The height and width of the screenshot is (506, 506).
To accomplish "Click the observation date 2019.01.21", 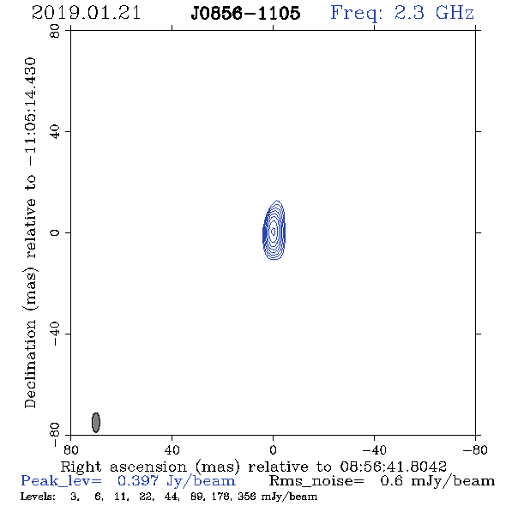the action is pos(86,13).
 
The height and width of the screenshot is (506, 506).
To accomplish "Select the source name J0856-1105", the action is pos(245,14).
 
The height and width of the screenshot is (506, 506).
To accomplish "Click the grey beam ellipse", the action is pos(96,423).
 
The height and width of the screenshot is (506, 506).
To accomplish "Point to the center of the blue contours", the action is pos(274,231).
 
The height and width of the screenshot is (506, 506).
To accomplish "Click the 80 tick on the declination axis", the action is pos(55,31).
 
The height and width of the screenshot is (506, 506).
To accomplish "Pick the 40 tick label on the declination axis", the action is pos(55,132).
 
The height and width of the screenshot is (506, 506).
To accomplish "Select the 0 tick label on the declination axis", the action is pos(55,232).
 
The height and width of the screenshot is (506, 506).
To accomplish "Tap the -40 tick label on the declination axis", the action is pos(55,334).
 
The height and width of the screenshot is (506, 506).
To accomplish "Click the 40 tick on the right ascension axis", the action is pos(172,449).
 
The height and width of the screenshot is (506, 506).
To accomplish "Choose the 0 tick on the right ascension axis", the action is pos(273,449).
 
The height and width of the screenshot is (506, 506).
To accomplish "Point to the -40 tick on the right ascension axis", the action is pos(374,449).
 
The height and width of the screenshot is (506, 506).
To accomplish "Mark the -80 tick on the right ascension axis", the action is pos(475,449).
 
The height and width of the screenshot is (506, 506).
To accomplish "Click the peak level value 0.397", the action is pos(138,481).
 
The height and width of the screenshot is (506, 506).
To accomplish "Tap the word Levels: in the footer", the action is pos(38,497).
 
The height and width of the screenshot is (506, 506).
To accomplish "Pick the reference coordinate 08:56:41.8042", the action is pos(394,467).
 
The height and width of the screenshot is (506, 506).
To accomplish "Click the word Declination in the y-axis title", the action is pos(30,364).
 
